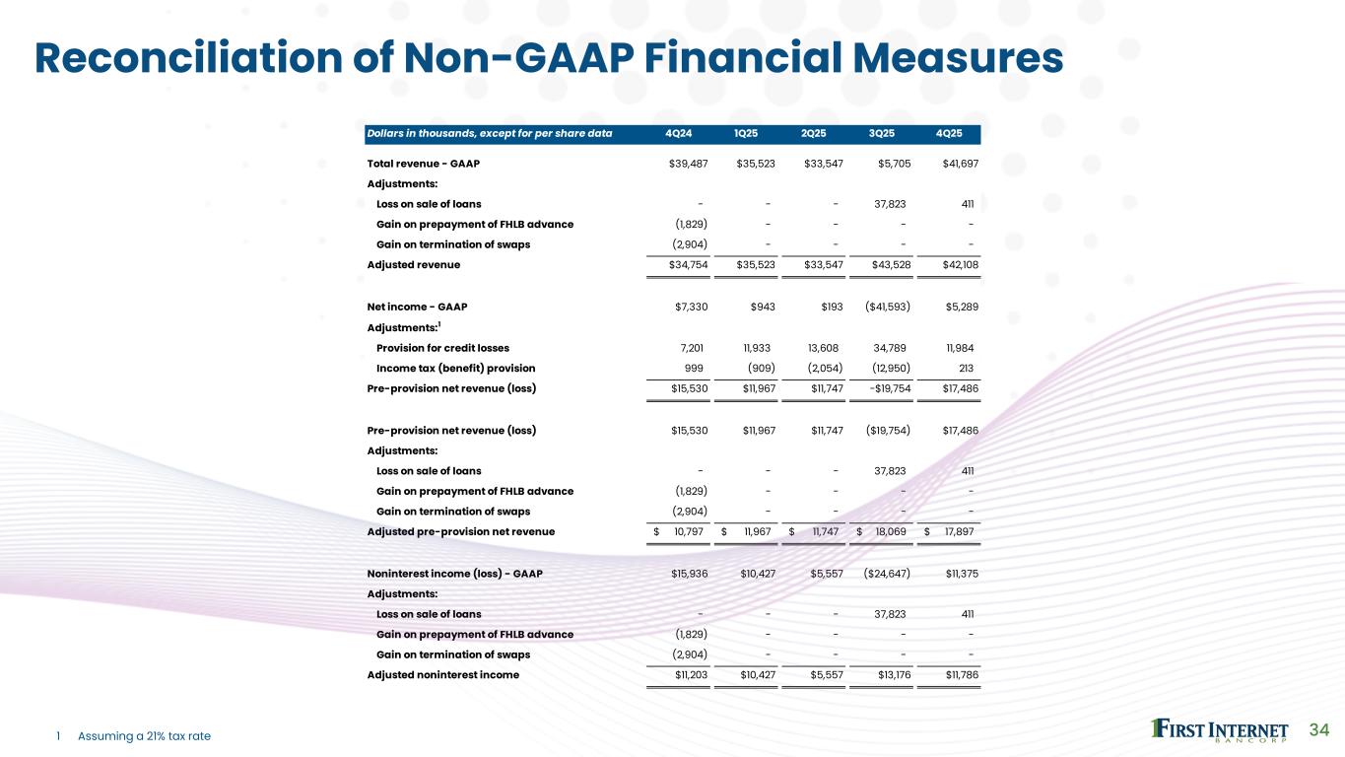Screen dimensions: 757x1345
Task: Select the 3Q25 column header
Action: click(882, 134)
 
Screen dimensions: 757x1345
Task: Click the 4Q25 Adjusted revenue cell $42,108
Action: click(960, 265)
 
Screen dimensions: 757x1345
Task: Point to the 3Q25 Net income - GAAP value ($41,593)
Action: click(887, 307)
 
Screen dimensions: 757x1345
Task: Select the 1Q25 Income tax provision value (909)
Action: click(756, 368)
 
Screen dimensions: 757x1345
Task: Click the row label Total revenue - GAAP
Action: click(423, 163)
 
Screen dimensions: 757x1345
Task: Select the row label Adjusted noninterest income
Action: click(442, 675)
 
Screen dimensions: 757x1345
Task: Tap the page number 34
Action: click(1319, 729)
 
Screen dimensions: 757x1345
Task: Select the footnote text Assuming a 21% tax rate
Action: click(144, 736)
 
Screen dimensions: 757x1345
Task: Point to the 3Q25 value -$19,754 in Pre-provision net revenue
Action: click(885, 388)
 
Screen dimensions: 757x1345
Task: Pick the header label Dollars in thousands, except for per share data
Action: click(489, 134)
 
